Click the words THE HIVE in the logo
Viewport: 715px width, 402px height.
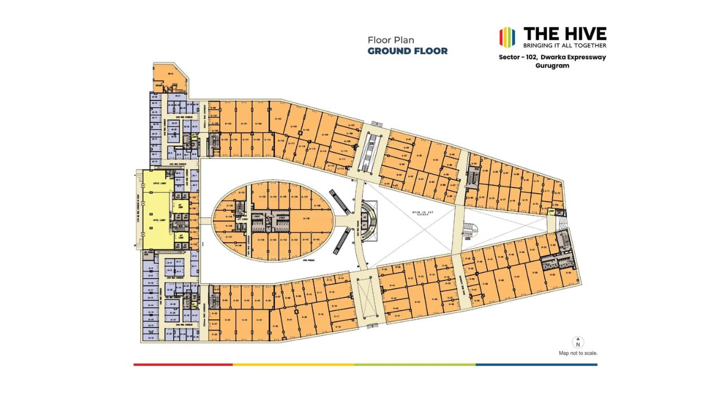point(565,33)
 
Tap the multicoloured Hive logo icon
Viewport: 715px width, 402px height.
point(507,37)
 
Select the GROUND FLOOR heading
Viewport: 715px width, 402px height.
point(407,51)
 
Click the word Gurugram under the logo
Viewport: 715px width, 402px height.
point(552,65)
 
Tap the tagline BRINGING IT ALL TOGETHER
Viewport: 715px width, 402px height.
point(564,45)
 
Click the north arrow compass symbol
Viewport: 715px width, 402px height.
point(578,342)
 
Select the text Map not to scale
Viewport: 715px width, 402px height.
point(578,353)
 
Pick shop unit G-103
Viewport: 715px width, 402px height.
point(278,119)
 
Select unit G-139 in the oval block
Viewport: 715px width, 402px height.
point(306,218)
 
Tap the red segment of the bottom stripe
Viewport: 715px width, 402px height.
point(183,365)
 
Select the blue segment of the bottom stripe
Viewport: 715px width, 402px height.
point(536,365)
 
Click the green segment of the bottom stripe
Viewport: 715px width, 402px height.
point(415,365)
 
